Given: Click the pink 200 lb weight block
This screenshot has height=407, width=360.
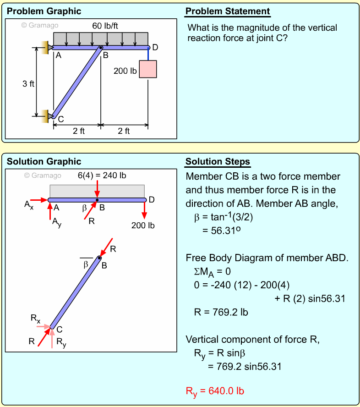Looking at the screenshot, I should pyautogui.click(x=148, y=69).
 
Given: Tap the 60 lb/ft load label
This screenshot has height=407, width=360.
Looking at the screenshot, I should pyautogui.click(x=109, y=26).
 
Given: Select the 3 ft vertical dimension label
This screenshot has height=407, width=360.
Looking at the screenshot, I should pyautogui.click(x=28, y=84).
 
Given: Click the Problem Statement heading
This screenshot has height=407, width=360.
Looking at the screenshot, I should pyautogui.click(x=228, y=11).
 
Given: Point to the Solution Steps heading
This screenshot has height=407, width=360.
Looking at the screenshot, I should pyautogui.click(x=218, y=162).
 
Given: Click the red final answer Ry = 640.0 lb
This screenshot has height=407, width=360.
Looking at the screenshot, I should pyautogui.click(x=215, y=391).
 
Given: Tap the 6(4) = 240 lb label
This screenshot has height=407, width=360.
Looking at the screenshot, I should pyautogui.click(x=102, y=176).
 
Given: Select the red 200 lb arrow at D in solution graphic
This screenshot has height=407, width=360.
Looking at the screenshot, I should pyautogui.click(x=145, y=209).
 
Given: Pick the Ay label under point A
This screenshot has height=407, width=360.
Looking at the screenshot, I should pyautogui.click(x=57, y=223).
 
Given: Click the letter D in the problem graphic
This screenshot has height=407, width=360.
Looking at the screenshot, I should pyautogui.click(x=155, y=47).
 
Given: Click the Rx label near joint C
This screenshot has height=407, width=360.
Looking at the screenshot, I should pyautogui.click(x=35, y=319).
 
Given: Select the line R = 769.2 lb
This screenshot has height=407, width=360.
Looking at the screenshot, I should pyautogui.click(x=221, y=313).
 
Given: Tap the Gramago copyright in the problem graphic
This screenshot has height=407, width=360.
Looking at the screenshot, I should pyautogui.click(x=40, y=25).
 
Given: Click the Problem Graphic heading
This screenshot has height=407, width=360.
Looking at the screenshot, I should pyautogui.click(x=44, y=11).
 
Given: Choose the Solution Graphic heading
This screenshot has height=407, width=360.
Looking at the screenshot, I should pyautogui.click(x=44, y=161).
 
